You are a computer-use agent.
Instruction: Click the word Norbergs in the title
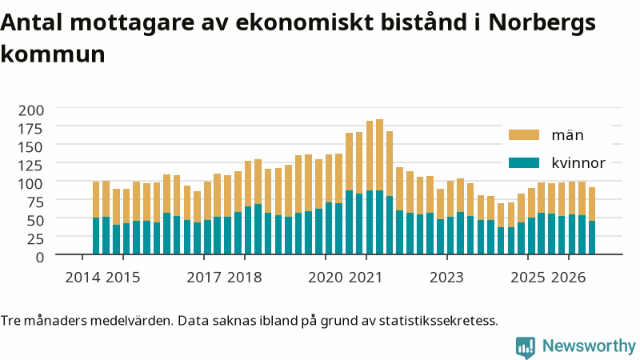(x=542, y=23)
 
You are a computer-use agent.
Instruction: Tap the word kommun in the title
(x=53, y=54)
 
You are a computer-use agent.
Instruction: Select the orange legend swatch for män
(x=524, y=135)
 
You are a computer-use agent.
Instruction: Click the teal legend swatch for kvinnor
(x=524, y=163)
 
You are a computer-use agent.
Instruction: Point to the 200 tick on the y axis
(x=31, y=110)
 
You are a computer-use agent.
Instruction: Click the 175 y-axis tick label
(x=31, y=129)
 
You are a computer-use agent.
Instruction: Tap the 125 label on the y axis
(x=31, y=166)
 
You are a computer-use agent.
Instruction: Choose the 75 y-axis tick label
(x=35, y=202)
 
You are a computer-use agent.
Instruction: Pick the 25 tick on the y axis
(x=35, y=238)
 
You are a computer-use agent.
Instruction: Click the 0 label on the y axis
(x=39, y=257)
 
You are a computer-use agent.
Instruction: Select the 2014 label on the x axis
(x=82, y=278)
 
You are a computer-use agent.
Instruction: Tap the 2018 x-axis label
(x=245, y=278)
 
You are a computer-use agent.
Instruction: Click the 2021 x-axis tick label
(x=366, y=278)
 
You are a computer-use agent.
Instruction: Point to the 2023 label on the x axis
(x=447, y=278)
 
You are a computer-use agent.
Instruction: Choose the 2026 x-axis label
(x=569, y=278)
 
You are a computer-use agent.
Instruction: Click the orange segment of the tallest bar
(x=379, y=154)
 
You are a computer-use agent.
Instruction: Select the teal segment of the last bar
(x=592, y=237)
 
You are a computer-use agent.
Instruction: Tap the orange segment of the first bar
(x=96, y=199)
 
